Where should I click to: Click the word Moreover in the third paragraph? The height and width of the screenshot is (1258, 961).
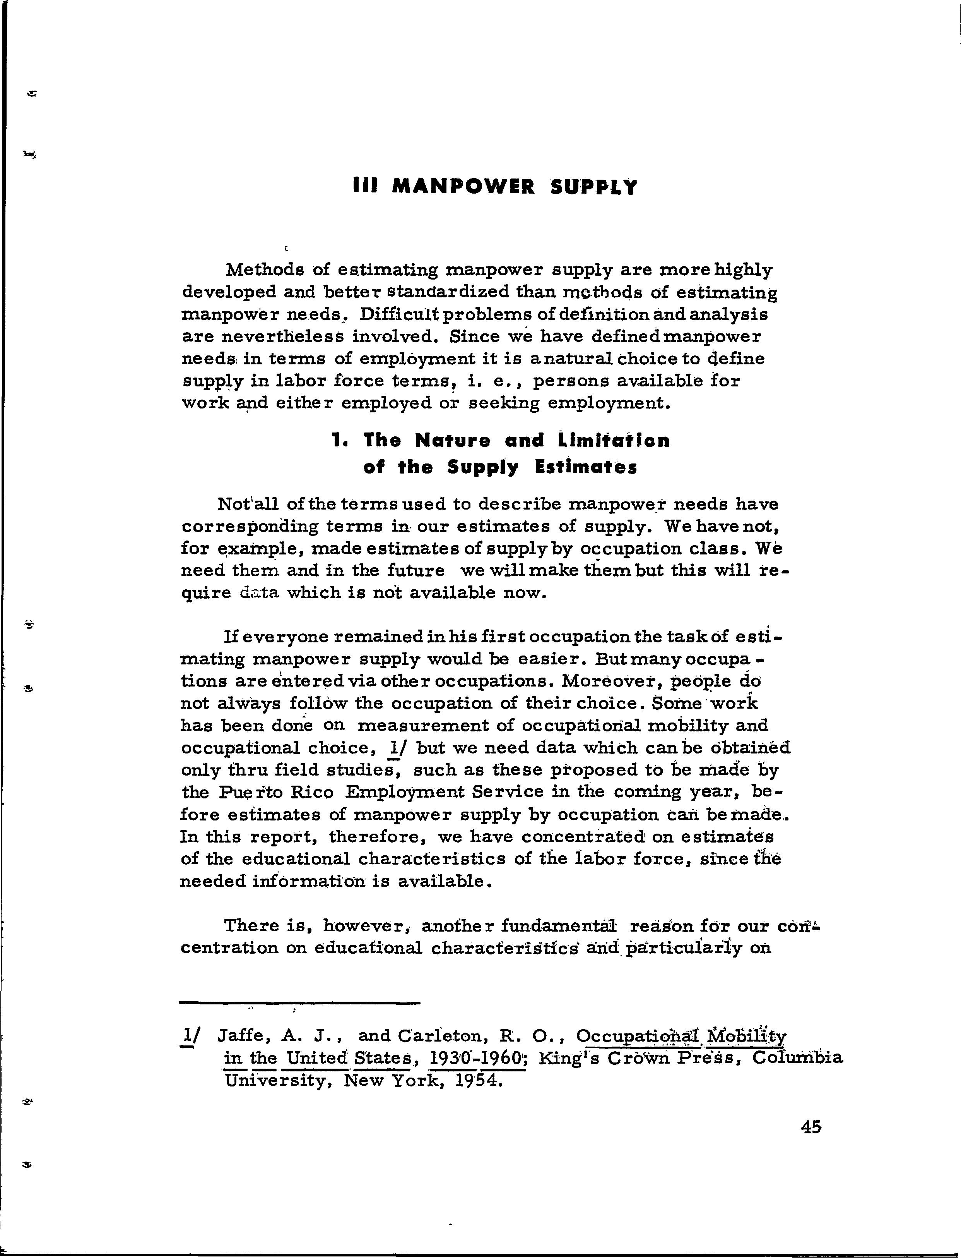coord(602,681)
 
